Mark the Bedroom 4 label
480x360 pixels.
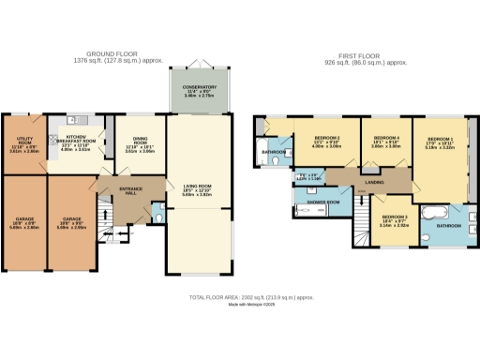(385, 142)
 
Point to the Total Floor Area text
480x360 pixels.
(239, 296)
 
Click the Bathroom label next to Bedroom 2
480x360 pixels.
(274, 152)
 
